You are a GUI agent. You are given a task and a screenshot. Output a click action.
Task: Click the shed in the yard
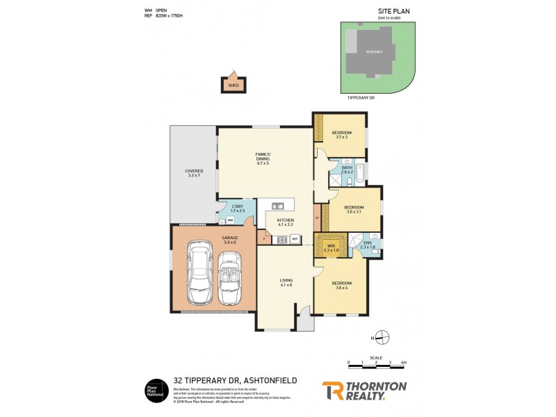pos(234,85)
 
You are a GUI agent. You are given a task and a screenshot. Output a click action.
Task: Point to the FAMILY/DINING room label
pos(263,158)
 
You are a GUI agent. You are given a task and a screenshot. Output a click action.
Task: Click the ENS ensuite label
pos(368,245)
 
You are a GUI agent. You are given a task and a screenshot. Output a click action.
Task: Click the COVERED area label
pos(193,173)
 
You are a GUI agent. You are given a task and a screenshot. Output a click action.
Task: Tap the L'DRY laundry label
pos(237,208)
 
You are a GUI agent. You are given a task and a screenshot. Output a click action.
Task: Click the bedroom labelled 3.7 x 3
pos(340,134)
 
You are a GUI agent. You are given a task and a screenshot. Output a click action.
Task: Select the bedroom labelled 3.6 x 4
pos(341,285)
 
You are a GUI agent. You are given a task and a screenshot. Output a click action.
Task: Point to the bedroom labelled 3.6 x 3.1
pos(354,208)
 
